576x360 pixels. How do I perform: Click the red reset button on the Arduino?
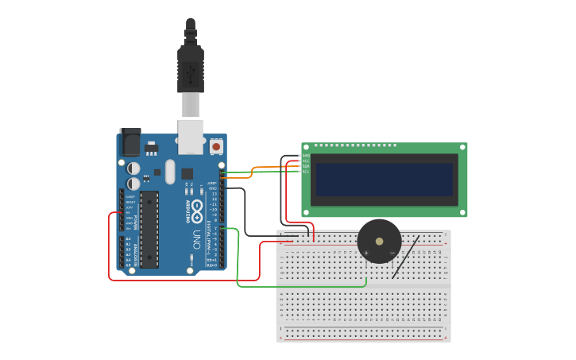pos(216,147)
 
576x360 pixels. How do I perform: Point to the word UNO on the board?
pos(195,238)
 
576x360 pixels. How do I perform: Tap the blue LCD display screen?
pos(384,180)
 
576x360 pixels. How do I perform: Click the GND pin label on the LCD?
pos(306,155)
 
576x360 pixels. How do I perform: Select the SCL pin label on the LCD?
pos(306,172)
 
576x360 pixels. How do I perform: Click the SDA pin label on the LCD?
pos(306,166)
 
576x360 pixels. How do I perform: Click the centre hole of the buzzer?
pos(379,241)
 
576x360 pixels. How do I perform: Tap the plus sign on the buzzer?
pos(366,253)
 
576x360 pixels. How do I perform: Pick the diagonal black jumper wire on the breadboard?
pos(406,257)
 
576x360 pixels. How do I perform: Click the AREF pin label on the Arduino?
pos(212,184)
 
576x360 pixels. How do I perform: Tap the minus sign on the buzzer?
pos(392,253)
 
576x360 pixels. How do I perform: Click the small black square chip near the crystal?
pos(187,173)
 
